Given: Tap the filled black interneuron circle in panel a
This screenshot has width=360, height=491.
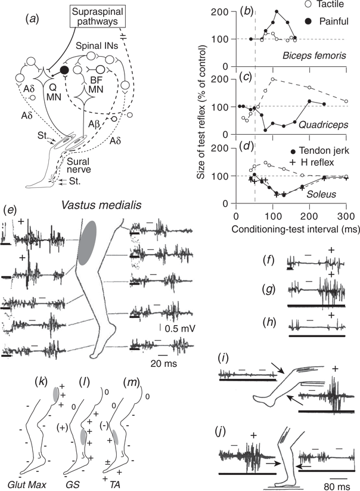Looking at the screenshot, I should click(x=64, y=70).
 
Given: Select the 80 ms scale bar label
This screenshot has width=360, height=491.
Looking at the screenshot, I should click(x=340, y=480).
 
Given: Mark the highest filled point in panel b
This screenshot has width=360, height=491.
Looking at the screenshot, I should click(x=277, y=11).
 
